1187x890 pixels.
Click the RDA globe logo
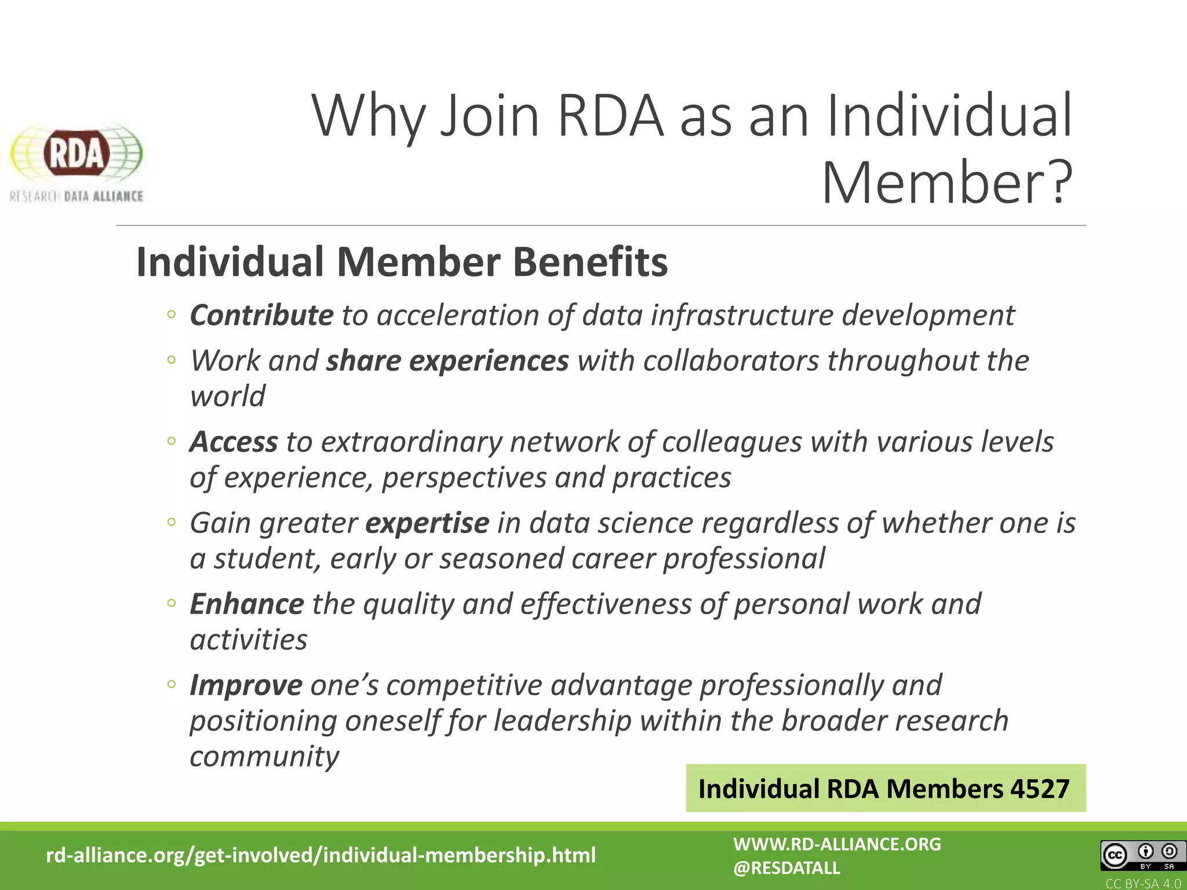tap(76, 154)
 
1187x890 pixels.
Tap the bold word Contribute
tap(261, 316)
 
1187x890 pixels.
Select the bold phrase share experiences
tap(447, 361)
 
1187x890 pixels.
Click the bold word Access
tap(234, 442)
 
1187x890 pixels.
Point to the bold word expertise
tap(427, 523)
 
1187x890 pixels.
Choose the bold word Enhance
tap(247, 604)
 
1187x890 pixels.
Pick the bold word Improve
tap(246, 685)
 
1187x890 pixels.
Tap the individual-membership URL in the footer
tap(321, 855)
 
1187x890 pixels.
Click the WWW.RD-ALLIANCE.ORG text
tap(837, 844)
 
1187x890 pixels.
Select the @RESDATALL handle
tap(787, 868)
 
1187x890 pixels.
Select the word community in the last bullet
tap(264, 756)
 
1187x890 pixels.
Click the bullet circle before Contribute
tap(171, 315)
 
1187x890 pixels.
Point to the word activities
tap(249, 640)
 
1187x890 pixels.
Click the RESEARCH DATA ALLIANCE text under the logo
tap(77, 196)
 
